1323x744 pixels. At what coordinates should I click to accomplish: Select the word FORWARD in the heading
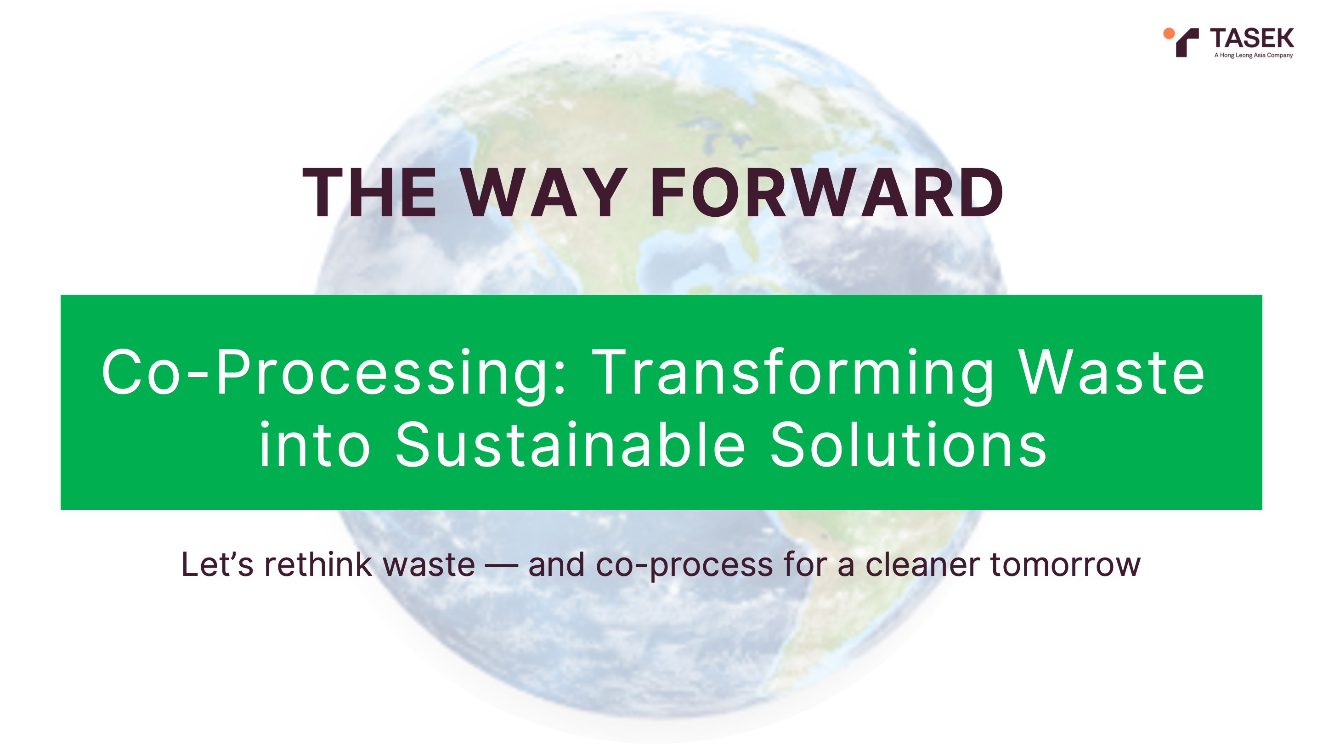point(826,192)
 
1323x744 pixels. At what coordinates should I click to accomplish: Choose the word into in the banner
point(314,444)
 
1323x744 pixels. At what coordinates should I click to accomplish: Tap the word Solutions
point(908,444)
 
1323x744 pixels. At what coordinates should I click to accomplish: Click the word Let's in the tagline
point(217,564)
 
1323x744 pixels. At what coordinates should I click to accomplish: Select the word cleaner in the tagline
point(922,564)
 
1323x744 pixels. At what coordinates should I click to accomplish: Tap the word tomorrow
point(1065,565)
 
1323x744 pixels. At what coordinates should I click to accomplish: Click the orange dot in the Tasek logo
point(1169,34)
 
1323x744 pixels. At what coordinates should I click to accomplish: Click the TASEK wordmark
point(1252,38)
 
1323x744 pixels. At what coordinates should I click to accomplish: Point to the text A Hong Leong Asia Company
point(1253,55)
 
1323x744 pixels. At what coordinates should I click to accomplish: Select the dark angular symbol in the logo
point(1187,43)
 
